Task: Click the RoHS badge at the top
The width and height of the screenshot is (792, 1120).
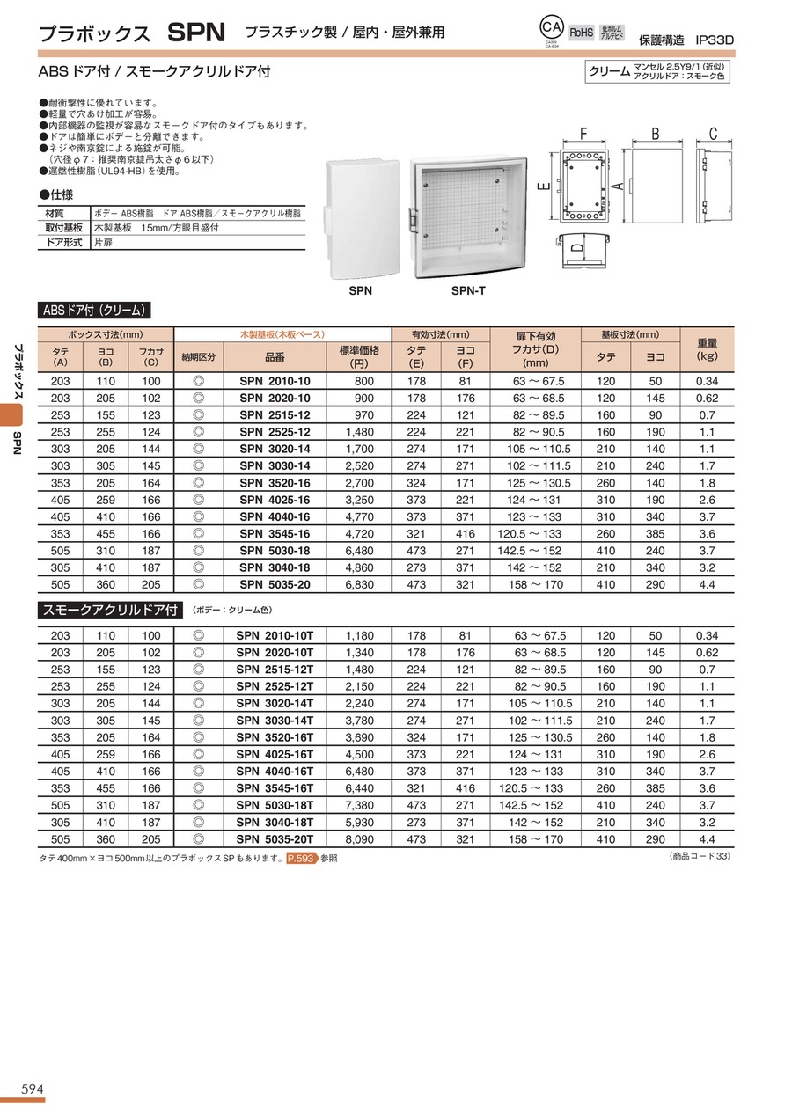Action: [x=582, y=32]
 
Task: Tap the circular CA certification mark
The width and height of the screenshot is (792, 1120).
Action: [x=551, y=29]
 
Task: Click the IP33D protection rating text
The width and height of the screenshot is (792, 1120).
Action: [x=714, y=40]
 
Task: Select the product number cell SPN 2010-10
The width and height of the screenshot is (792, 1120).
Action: [x=275, y=381]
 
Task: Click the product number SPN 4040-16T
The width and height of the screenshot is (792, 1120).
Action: [x=275, y=771]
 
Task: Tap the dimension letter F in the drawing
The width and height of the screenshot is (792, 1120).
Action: [x=583, y=135]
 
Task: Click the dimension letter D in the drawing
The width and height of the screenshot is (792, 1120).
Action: [x=575, y=249]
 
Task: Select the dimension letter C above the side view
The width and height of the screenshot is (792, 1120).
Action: [x=713, y=135]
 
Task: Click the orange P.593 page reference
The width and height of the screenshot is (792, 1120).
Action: [x=301, y=859]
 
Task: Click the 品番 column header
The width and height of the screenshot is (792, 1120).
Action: [x=275, y=356]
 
